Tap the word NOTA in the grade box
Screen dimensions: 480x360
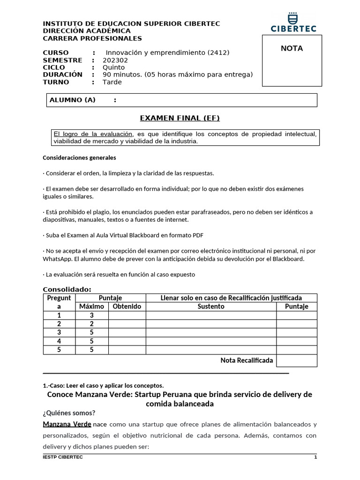click(x=292, y=48)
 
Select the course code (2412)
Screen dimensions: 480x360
click(x=218, y=53)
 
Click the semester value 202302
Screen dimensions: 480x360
click(x=115, y=60)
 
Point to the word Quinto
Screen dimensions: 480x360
click(x=113, y=67)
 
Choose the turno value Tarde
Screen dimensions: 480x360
click(x=112, y=82)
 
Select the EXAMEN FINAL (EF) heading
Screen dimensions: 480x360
click(x=180, y=118)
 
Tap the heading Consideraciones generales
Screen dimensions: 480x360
click(x=79, y=158)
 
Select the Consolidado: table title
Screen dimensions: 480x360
click(x=67, y=289)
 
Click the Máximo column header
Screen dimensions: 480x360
click(x=91, y=307)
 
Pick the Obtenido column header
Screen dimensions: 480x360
click(x=127, y=307)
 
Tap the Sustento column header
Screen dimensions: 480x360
click(x=211, y=307)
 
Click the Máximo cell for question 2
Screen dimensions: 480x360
click(x=92, y=324)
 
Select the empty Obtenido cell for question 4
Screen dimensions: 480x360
click(x=127, y=341)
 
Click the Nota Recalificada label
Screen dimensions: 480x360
click(x=247, y=360)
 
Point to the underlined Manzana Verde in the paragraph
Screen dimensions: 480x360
click(x=67, y=425)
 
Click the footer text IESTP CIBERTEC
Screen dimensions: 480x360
click(x=63, y=457)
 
